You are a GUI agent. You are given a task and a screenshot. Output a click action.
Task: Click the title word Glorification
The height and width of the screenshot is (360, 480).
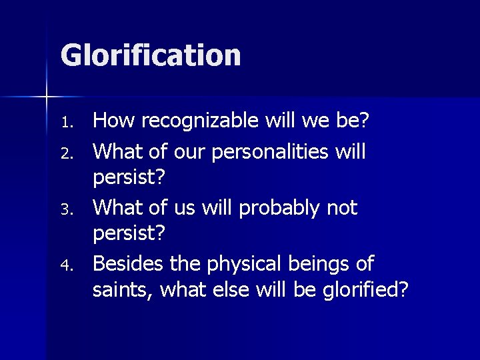pyautogui.click(x=151, y=55)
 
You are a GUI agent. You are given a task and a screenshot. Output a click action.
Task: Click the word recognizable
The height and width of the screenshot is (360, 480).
pyautogui.click(x=204, y=121)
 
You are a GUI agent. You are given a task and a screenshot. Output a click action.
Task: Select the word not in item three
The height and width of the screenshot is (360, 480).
pyautogui.click(x=342, y=208)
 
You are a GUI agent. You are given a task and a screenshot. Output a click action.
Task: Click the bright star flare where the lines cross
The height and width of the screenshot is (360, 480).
pyautogui.click(x=47, y=97)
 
